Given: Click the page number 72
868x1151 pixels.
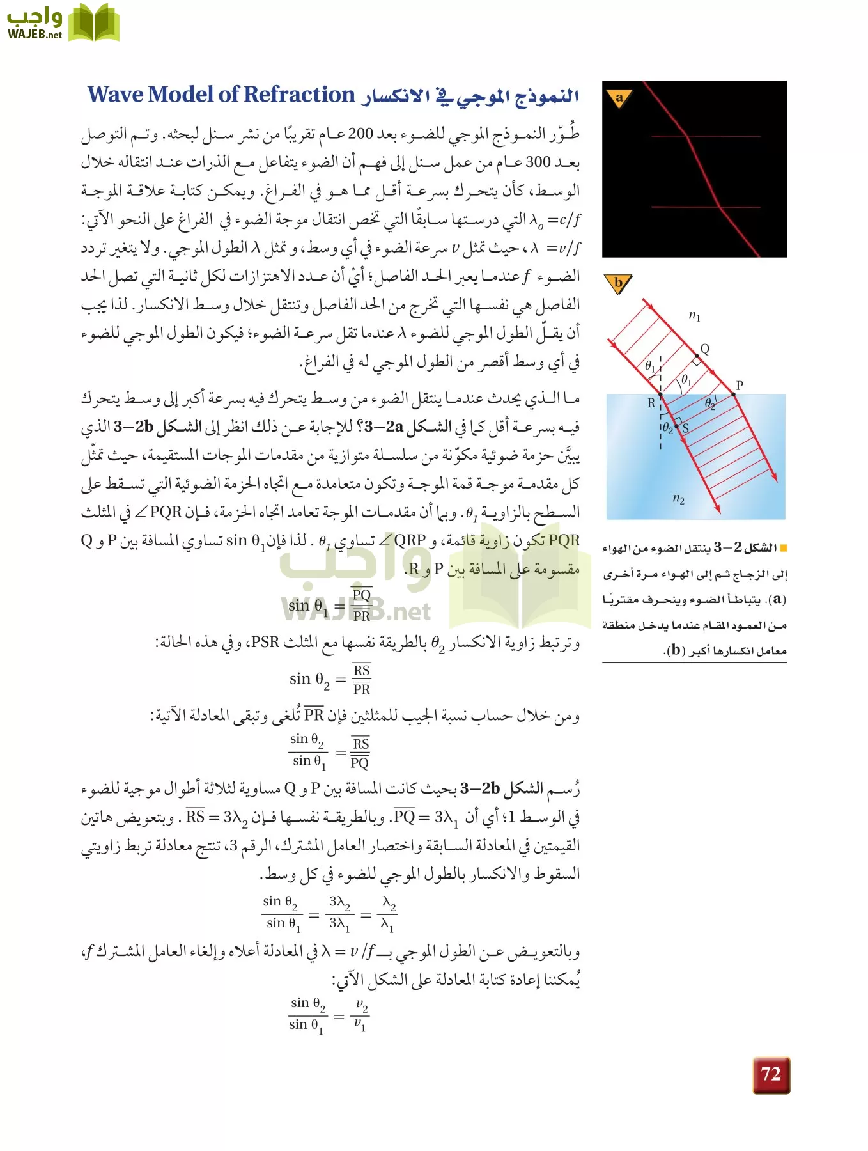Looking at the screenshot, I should [771, 1074].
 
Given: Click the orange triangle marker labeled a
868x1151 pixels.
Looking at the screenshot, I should [619, 98].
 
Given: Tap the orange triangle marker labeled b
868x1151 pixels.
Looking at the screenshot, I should [617, 283].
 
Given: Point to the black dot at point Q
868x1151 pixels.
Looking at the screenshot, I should [697, 356].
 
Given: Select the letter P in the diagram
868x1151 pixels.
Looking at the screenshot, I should [740, 385].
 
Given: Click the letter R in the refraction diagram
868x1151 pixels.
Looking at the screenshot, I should [651, 403].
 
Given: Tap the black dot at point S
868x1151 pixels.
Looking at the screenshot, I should [676, 426].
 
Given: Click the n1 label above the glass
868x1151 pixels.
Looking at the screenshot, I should [694, 315].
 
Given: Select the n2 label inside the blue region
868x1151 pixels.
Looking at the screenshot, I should [678, 498].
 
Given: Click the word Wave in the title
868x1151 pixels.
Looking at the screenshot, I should [116, 95].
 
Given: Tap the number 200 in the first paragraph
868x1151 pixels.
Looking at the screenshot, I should [360, 134].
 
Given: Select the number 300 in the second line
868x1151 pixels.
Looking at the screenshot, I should [538, 162].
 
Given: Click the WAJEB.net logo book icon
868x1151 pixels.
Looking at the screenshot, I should [94, 24].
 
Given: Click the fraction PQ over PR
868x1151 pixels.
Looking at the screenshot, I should [361, 605].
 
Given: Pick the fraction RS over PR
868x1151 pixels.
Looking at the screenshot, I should [361, 679].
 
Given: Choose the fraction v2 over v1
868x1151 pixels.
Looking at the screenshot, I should [360, 1015].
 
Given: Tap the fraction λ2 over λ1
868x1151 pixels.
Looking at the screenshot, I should [388, 914].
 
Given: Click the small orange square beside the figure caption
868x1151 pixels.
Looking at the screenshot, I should [784, 548].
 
